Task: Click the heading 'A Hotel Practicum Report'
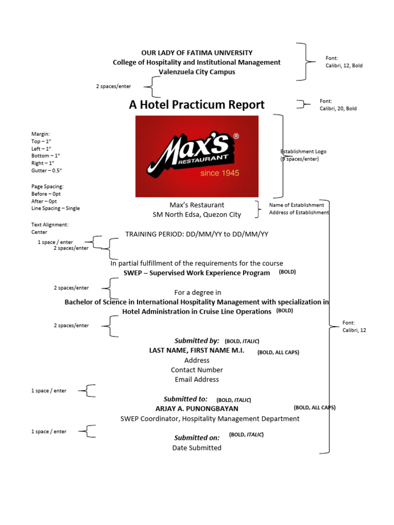(196, 105)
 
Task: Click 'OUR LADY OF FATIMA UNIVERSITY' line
(196, 53)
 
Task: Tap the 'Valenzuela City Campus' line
(196, 72)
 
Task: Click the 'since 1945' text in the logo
(220, 173)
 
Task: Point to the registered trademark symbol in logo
(236, 136)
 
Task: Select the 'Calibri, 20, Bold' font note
(338, 109)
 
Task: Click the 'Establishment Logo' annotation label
(303, 152)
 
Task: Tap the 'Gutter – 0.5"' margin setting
(50, 170)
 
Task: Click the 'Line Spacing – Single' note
(55, 208)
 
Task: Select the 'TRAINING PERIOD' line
(196, 234)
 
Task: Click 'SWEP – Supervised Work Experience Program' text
(196, 273)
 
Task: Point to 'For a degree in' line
(198, 292)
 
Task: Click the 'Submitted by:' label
(196, 340)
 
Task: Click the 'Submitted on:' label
(196, 437)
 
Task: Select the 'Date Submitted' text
(196, 448)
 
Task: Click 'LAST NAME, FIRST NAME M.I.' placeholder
(196, 351)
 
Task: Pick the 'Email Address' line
(196, 379)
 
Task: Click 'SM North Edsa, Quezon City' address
(196, 215)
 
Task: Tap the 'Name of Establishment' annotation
(297, 205)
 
